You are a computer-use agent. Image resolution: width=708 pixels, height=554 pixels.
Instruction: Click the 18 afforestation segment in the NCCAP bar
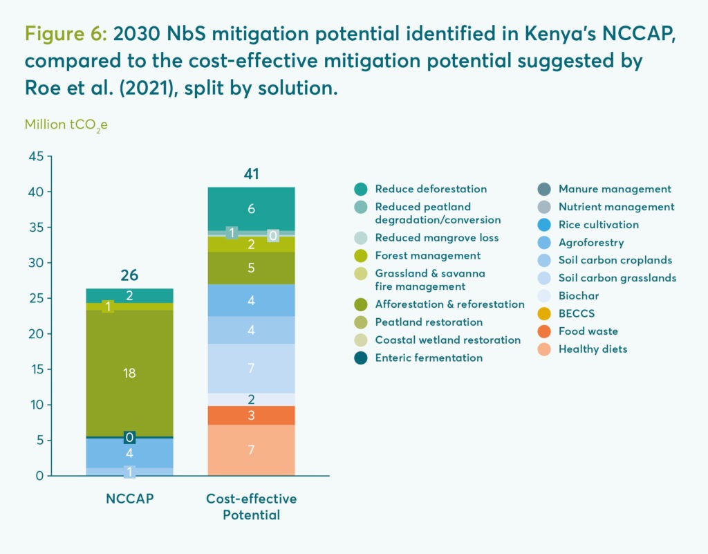coord(129,373)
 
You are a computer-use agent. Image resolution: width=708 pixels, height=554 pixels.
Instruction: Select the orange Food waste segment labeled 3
coord(251,415)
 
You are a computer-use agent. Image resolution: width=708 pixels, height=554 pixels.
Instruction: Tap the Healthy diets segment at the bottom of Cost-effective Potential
coord(251,450)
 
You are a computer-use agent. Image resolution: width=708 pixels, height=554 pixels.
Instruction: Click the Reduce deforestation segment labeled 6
coord(251,208)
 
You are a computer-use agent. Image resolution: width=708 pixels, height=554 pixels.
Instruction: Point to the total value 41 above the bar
coord(251,174)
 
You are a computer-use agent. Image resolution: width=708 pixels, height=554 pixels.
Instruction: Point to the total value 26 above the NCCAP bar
coord(129,275)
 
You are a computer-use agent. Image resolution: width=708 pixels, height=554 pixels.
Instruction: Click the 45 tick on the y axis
coord(36,156)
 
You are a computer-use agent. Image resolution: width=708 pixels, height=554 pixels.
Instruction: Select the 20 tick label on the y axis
coord(36,334)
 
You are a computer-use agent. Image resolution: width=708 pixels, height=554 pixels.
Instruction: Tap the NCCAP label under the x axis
coord(129,499)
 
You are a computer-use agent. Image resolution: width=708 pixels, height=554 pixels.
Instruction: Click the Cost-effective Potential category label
coord(251,506)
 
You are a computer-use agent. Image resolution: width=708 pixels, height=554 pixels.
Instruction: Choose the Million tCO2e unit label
coord(66,125)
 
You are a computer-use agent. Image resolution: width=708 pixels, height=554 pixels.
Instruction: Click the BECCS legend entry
coord(577,313)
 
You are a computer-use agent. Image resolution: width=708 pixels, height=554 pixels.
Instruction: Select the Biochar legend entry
coord(579,295)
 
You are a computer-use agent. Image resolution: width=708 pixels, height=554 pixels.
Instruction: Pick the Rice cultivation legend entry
coord(598,224)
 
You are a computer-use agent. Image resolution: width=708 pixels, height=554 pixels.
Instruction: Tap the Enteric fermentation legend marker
coord(360,358)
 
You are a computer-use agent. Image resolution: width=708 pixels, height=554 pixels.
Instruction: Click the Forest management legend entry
coord(427,255)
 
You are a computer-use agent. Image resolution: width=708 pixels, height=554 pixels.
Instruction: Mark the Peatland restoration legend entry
coord(429,322)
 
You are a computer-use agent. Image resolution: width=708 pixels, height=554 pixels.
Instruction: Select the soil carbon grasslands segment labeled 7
coord(251,368)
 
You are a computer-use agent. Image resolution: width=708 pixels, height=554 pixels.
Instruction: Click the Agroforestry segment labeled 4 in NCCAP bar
coord(129,453)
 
